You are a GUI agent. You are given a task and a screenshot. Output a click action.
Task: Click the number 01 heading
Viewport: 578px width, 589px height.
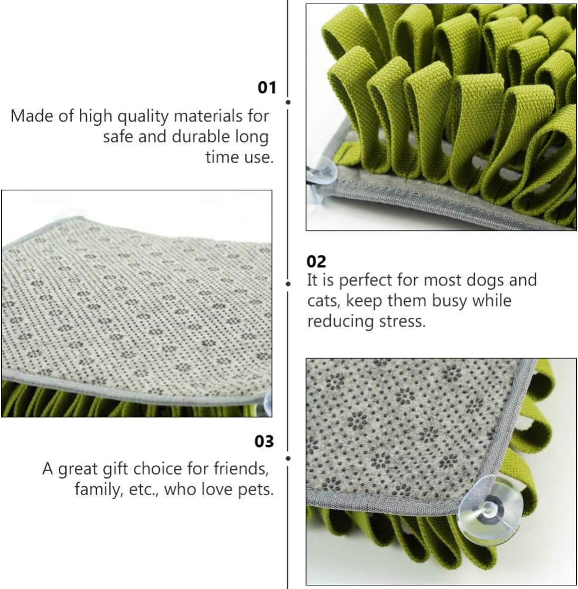point(267,88)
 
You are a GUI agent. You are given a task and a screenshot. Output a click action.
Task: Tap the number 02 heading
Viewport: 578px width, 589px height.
point(316,261)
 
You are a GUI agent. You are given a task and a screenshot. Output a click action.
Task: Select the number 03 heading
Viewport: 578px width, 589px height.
point(264,441)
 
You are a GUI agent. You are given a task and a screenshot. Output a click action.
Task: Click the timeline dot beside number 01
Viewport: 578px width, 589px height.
point(288,102)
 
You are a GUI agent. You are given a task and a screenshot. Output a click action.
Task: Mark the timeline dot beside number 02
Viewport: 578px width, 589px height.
point(288,284)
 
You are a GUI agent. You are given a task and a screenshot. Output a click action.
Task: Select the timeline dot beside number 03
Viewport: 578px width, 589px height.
point(288,457)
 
